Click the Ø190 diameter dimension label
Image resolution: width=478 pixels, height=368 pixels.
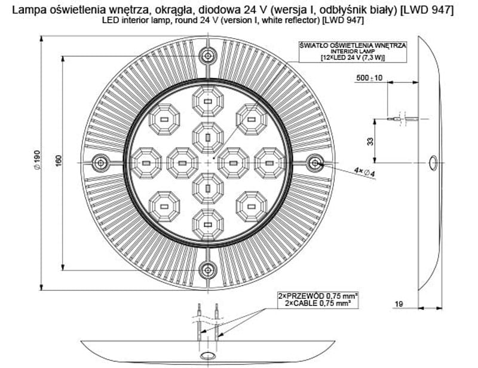[x=37, y=160]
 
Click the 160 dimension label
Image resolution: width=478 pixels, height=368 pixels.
[x=59, y=161]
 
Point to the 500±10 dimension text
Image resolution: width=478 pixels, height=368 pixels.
[x=369, y=78]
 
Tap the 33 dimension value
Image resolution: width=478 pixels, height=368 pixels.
[x=370, y=142]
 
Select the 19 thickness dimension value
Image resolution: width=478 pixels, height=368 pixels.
[x=399, y=303]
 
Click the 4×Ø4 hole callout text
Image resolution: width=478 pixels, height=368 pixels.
[x=364, y=172]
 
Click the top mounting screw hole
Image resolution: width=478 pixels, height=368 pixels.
[x=208, y=56]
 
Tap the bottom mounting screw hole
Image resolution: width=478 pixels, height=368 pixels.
[x=208, y=269]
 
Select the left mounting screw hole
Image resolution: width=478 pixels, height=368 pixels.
[x=100, y=163]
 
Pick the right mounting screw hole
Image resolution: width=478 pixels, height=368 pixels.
[x=315, y=163]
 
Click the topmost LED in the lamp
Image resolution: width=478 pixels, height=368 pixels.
[x=208, y=101]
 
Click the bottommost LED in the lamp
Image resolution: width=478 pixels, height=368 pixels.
[x=208, y=225]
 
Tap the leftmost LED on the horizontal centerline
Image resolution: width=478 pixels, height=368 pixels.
[x=146, y=163]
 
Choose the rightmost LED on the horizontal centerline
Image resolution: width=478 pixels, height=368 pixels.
[x=269, y=163]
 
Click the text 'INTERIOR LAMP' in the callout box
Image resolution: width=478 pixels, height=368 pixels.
[x=353, y=51]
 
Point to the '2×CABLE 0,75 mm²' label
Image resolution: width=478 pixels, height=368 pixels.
[x=318, y=303]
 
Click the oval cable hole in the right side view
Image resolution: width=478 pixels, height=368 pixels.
[x=433, y=163]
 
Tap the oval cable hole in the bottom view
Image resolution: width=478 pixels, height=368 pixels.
[x=208, y=355]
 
